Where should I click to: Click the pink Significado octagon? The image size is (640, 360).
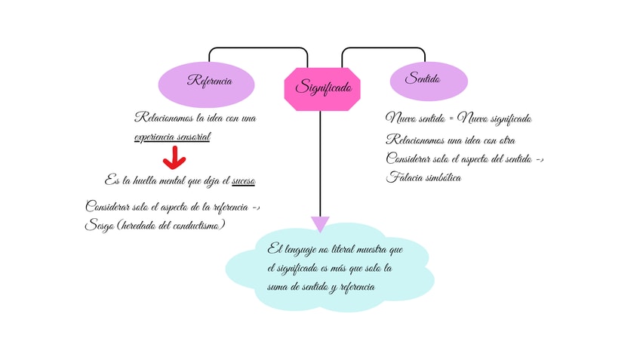click(322, 89)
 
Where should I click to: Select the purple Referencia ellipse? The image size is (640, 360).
click(206, 85)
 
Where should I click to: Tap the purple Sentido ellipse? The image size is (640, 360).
click(429, 82)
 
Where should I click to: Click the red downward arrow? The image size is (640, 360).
click(174, 158)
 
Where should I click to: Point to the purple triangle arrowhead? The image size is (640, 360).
click(320, 223)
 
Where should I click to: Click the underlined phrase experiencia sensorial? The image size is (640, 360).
click(172, 137)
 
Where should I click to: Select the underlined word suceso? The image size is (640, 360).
click(244, 181)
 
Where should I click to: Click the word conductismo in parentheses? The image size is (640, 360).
click(196, 226)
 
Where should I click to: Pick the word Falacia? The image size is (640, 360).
click(404, 177)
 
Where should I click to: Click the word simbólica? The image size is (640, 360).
click(443, 177)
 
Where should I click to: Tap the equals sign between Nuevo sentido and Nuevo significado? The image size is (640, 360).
click(451, 118)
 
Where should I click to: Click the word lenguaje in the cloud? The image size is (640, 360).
click(300, 250)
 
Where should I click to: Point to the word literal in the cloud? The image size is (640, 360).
click(343, 249)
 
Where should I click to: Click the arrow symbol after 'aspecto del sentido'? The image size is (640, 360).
click(540, 159)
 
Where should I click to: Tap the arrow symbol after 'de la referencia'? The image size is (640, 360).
click(256, 208)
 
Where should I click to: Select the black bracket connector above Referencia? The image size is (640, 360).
click(258, 48)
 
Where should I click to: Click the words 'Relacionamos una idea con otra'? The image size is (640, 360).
click(451, 140)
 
